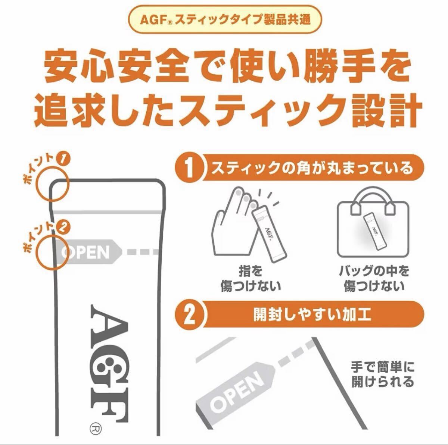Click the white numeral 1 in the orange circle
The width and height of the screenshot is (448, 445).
pos(190,168)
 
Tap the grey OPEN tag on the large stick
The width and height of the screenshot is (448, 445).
pos(87,252)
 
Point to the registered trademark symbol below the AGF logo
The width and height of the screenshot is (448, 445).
pos(95,428)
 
